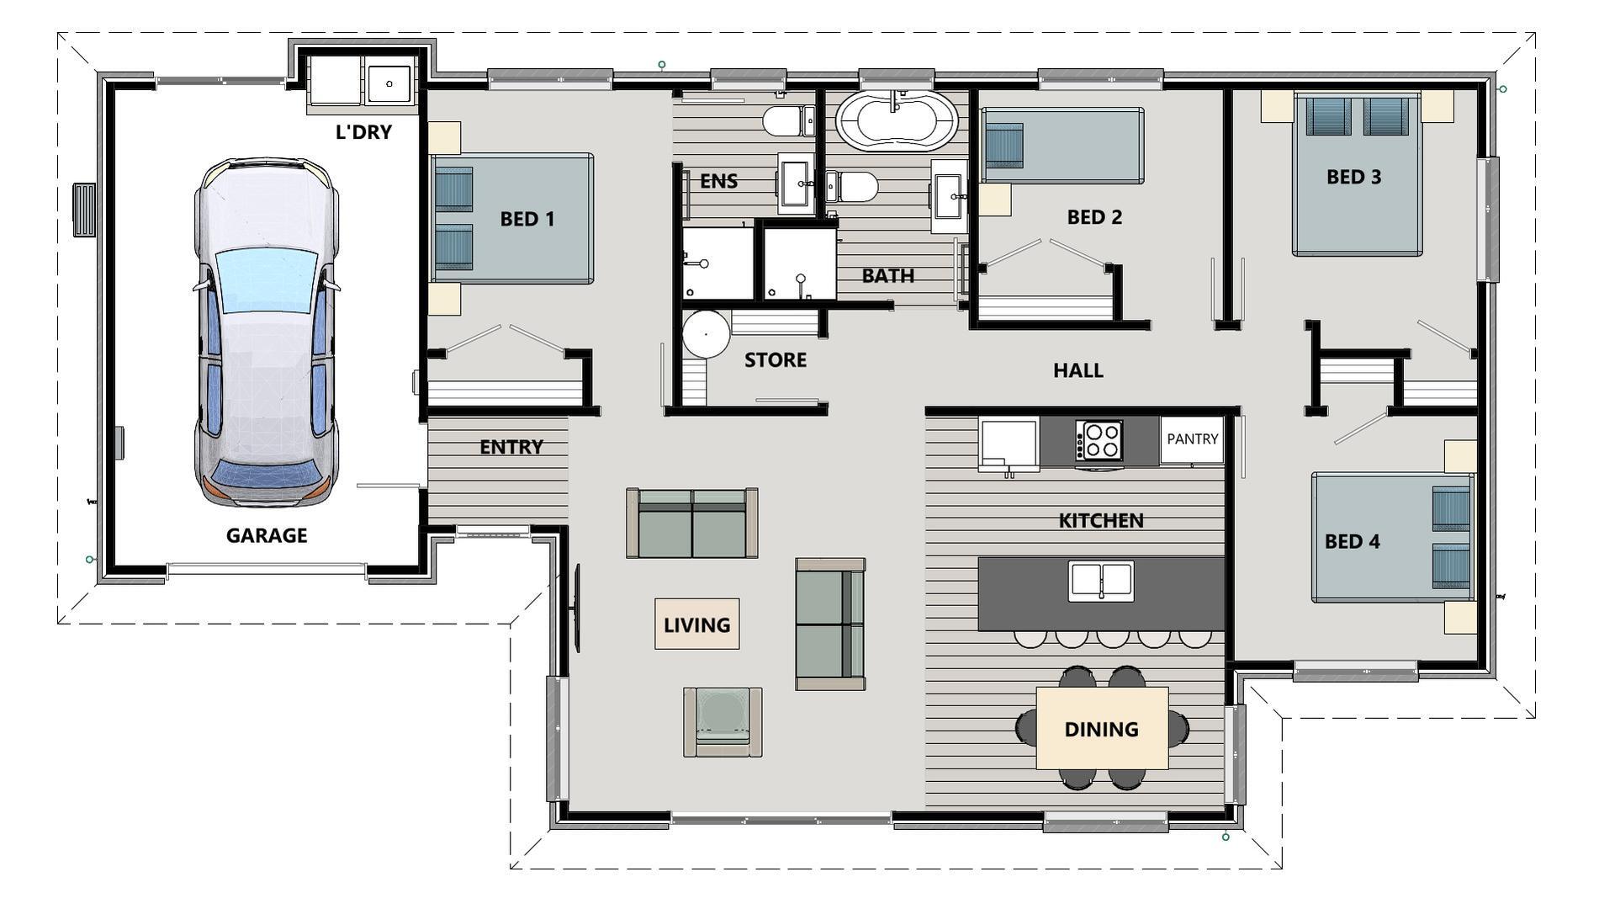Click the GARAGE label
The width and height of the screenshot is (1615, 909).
pyautogui.click(x=267, y=535)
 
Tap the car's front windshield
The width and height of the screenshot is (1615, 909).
pyautogui.click(x=267, y=281)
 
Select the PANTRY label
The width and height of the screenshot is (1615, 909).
pyautogui.click(x=1192, y=439)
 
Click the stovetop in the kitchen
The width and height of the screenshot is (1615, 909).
pyautogui.click(x=1099, y=439)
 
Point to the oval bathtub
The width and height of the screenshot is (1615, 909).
pyautogui.click(x=896, y=120)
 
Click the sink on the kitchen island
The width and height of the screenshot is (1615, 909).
pyautogui.click(x=1100, y=581)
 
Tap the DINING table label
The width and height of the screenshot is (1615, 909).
pyautogui.click(x=1101, y=729)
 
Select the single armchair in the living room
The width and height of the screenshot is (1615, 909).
pyautogui.click(x=723, y=721)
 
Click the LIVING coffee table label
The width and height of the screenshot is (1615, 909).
pyautogui.click(x=696, y=625)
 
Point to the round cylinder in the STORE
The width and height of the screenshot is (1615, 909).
pyautogui.click(x=705, y=333)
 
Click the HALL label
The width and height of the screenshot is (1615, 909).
pyautogui.click(x=1078, y=370)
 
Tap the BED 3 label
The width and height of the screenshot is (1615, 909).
pyautogui.click(x=1353, y=177)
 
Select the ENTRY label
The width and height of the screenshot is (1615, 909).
pyautogui.click(x=511, y=447)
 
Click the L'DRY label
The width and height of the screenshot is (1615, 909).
pyautogui.click(x=363, y=132)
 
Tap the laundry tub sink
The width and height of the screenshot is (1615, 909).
pyautogui.click(x=389, y=83)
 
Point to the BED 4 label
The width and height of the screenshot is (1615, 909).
pyautogui.click(x=1352, y=541)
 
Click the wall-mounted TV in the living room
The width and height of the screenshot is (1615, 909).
pyautogui.click(x=578, y=607)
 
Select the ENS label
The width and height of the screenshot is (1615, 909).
pyautogui.click(x=718, y=181)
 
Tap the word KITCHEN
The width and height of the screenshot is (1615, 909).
pyautogui.click(x=1100, y=521)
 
